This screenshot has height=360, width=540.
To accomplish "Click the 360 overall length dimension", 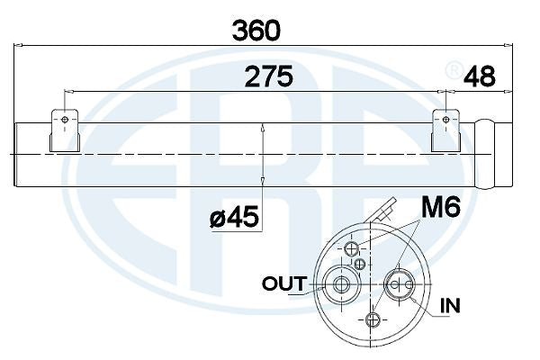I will coord(256,29).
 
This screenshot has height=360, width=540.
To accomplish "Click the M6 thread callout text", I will coord(441,209).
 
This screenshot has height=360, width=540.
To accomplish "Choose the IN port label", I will coord(450,306).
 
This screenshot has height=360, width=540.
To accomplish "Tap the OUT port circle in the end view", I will coord(342,284).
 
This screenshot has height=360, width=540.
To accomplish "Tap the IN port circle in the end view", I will coord(397,285).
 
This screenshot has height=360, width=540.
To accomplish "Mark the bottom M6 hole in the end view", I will coord(373,319).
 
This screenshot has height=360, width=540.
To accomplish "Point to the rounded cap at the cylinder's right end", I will coord(486,155).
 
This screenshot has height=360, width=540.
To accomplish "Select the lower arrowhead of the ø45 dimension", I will coord(261,184).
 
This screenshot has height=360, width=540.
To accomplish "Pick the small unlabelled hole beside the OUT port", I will coord(360,264).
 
